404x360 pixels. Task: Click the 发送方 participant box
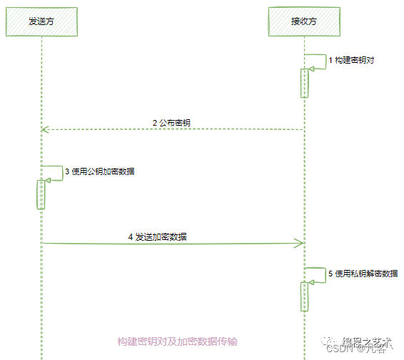click(41, 21)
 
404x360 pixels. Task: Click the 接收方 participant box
click(304, 21)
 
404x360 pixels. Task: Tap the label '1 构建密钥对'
click(350, 61)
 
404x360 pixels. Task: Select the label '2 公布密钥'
click(171, 123)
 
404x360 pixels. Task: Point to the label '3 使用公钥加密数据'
click(101, 171)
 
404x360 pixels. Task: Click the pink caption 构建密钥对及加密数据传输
click(178, 341)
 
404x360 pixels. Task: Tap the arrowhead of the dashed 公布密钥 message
click(44, 129)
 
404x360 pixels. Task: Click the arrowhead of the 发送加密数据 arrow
click(301, 244)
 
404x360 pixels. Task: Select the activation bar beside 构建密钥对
click(305, 82)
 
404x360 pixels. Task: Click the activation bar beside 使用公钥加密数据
click(41, 194)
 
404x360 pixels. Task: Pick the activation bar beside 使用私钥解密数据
click(305, 296)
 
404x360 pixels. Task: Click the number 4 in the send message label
click(131, 236)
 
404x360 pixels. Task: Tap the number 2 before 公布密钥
click(155, 123)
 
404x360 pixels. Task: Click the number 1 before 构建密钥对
click(330, 61)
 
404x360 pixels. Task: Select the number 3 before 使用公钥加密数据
click(67, 171)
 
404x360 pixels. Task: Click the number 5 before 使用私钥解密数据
click(330, 274)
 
